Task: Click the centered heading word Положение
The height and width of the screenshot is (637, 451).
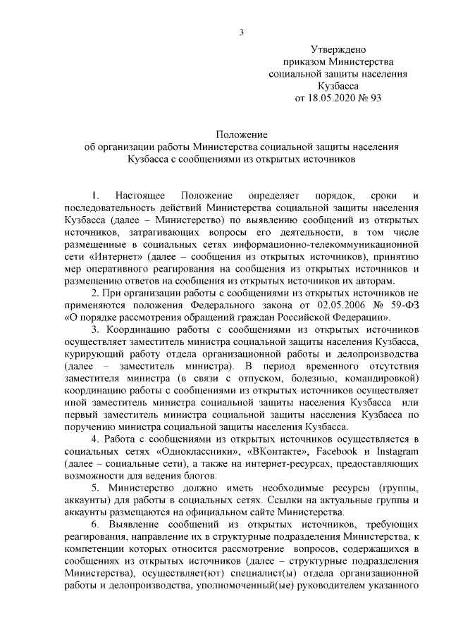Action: (x=241, y=134)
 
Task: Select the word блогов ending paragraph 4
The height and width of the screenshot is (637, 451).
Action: (x=197, y=476)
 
